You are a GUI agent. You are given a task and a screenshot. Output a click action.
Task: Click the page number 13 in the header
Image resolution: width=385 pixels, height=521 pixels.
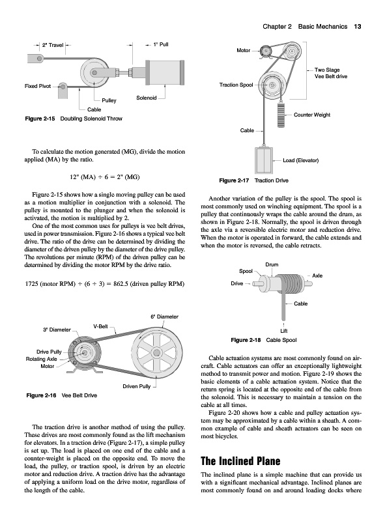358,27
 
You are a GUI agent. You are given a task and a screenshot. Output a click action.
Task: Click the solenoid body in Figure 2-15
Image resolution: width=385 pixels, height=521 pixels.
165,72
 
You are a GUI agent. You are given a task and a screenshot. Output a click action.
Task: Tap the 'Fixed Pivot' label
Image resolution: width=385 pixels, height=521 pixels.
38,86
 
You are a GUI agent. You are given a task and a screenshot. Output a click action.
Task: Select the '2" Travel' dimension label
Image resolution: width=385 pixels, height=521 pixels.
53,45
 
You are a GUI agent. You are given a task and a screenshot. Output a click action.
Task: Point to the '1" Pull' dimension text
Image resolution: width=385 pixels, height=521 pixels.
161,44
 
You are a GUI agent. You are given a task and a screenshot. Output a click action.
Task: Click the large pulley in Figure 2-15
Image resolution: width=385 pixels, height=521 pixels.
95,72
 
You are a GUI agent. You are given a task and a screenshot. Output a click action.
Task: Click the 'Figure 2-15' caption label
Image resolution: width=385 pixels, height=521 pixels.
40,119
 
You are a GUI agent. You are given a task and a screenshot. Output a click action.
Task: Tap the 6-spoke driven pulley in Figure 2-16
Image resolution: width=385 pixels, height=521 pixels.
156,352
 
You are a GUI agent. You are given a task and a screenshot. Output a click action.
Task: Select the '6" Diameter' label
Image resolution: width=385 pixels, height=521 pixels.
165,317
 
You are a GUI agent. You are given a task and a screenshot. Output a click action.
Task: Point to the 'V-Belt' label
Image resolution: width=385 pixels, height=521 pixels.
100,326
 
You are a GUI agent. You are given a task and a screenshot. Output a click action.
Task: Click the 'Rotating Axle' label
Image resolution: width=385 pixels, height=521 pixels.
41,359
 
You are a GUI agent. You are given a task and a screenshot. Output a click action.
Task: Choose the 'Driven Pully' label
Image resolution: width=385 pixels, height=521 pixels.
137,386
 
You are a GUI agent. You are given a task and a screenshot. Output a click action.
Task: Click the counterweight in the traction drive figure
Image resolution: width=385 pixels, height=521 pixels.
281,115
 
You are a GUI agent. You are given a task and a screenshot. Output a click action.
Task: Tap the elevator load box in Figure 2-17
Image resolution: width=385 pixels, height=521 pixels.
264,160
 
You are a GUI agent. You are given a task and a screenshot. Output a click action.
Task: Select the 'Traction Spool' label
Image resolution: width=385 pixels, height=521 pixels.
236,85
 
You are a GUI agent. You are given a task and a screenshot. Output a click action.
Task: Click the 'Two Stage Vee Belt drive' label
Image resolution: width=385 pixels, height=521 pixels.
331,73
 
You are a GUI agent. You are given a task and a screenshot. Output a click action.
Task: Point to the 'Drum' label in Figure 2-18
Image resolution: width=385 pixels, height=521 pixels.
272,265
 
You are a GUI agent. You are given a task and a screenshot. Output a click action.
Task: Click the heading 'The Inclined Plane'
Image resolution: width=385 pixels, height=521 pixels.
240,461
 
